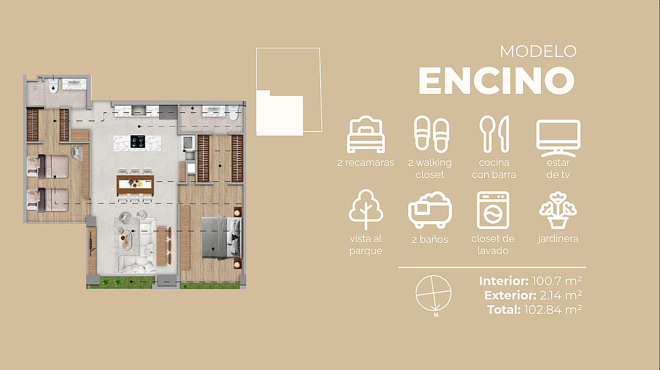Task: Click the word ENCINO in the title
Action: (497, 80)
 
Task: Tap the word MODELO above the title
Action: (538, 51)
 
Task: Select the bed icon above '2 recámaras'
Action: (366, 134)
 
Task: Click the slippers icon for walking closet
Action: (432, 134)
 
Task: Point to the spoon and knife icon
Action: (494, 134)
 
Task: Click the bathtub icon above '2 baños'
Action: (430, 210)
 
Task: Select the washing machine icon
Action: (493, 210)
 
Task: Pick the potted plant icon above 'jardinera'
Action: (558, 211)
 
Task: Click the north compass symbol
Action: (433, 293)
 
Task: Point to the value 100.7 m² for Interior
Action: (557, 281)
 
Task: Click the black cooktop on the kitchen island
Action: (138, 142)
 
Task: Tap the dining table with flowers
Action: (135, 185)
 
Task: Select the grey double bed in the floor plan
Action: (222, 237)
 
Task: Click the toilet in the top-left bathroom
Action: (53, 85)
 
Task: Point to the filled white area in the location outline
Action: (279, 113)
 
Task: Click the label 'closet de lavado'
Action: (493, 245)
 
